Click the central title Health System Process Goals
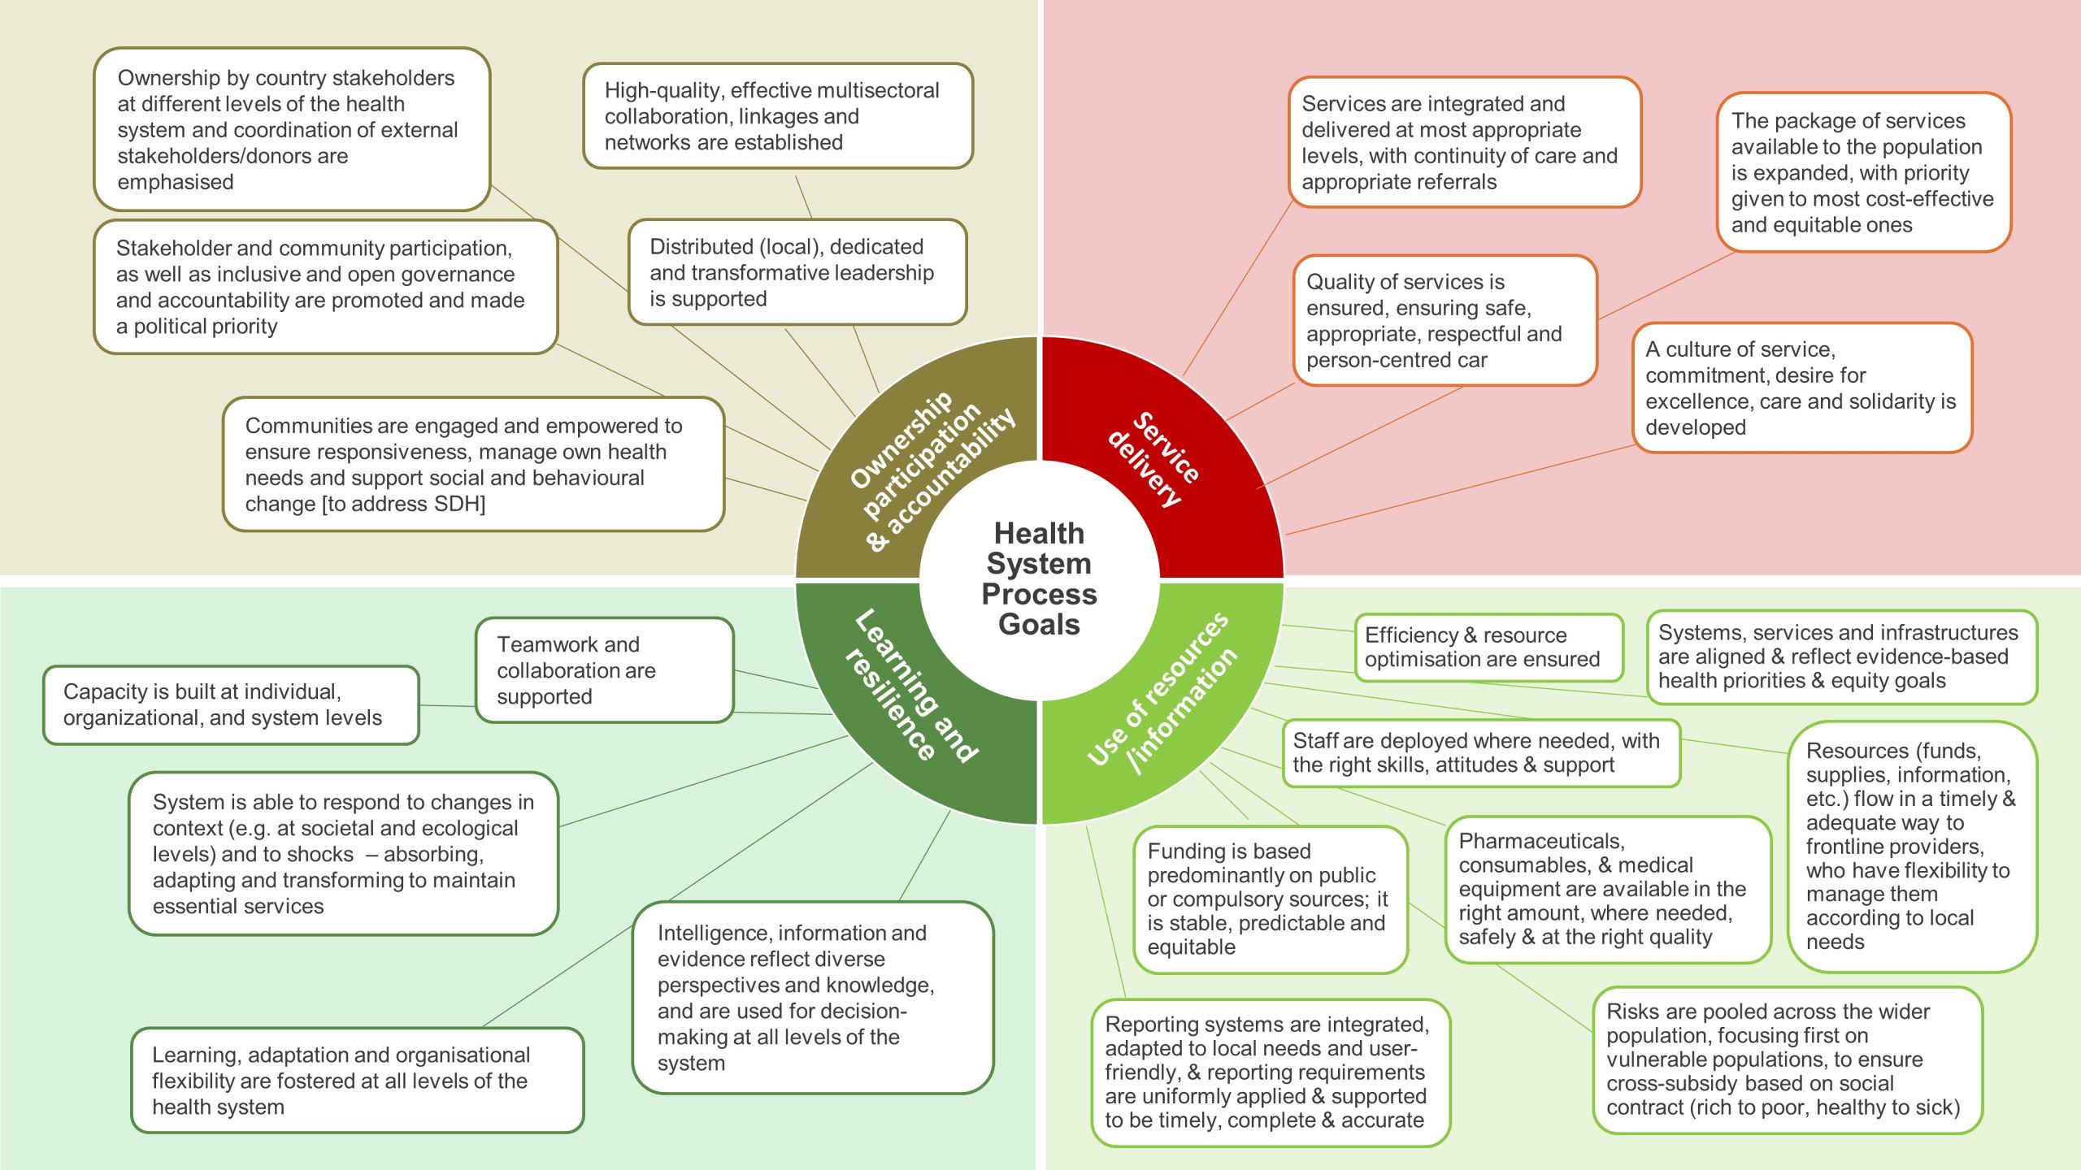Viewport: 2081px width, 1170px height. click(1039, 578)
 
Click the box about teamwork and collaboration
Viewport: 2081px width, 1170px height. click(604, 670)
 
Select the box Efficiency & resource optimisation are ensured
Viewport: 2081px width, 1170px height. click(1488, 647)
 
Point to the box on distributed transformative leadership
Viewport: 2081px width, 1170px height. click(797, 272)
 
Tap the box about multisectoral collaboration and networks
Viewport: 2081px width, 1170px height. click(777, 116)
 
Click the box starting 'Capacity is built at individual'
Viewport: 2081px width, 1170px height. click(231, 704)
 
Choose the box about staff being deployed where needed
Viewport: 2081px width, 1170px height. click(1480, 752)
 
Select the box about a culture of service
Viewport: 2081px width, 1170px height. click(1802, 388)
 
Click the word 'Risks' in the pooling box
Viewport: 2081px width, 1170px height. click(1634, 1012)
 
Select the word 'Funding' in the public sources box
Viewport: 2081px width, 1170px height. click(1187, 851)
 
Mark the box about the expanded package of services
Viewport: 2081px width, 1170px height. click(1863, 172)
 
